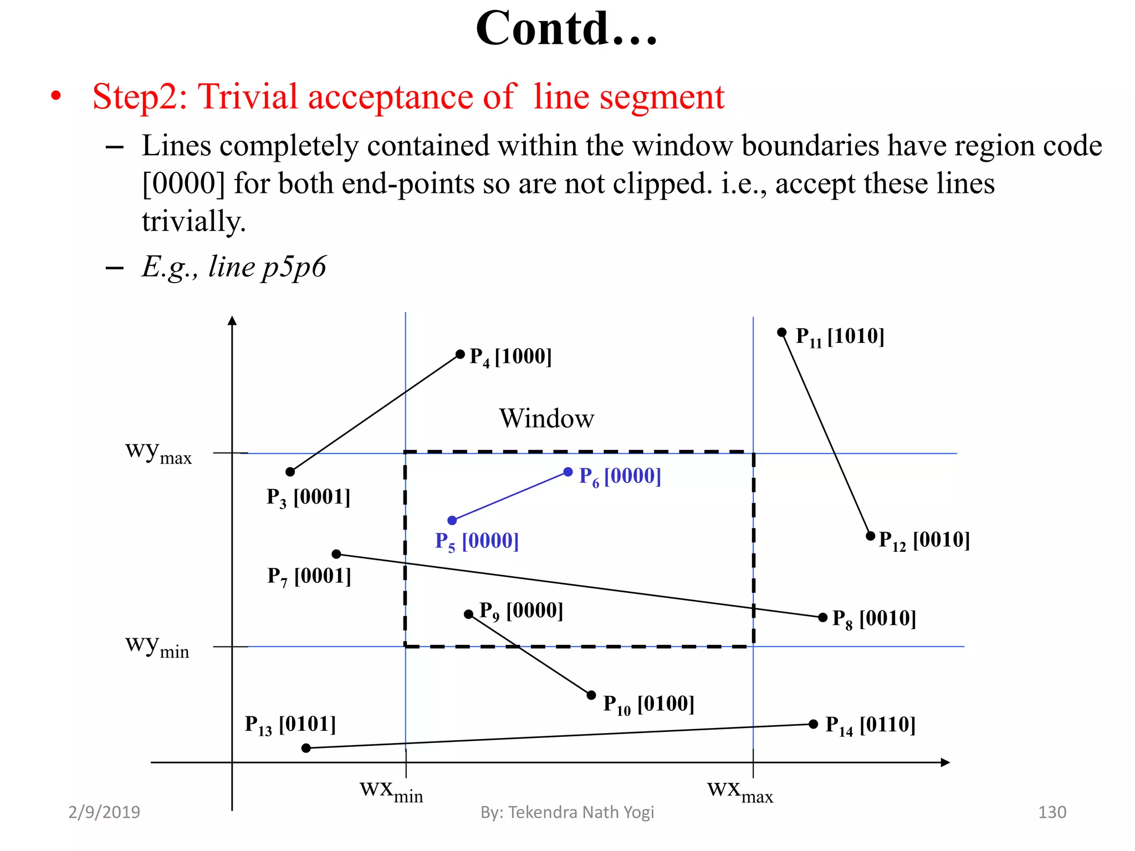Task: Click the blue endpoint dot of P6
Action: (x=568, y=472)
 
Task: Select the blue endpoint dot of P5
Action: (x=452, y=520)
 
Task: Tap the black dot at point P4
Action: (x=460, y=354)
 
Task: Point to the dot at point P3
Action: (x=290, y=472)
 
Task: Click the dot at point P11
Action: (x=782, y=332)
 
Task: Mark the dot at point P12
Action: (x=871, y=536)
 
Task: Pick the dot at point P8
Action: (x=823, y=617)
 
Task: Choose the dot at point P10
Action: (x=591, y=695)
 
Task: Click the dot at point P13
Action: (x=306, y=748)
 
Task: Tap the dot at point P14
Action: (x=814, y=724)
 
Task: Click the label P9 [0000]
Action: (x=521, y=611)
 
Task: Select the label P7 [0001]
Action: (x=309, y=577)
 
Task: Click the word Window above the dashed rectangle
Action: (x=546, y=418)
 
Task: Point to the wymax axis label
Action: (x=159, y=452)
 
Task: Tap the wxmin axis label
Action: (x=391, y=791)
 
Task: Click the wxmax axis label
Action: (x=740, y=791)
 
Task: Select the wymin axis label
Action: (x=157, y=646)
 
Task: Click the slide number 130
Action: (x=1052, y=812)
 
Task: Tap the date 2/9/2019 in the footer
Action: (x=104, y=812)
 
